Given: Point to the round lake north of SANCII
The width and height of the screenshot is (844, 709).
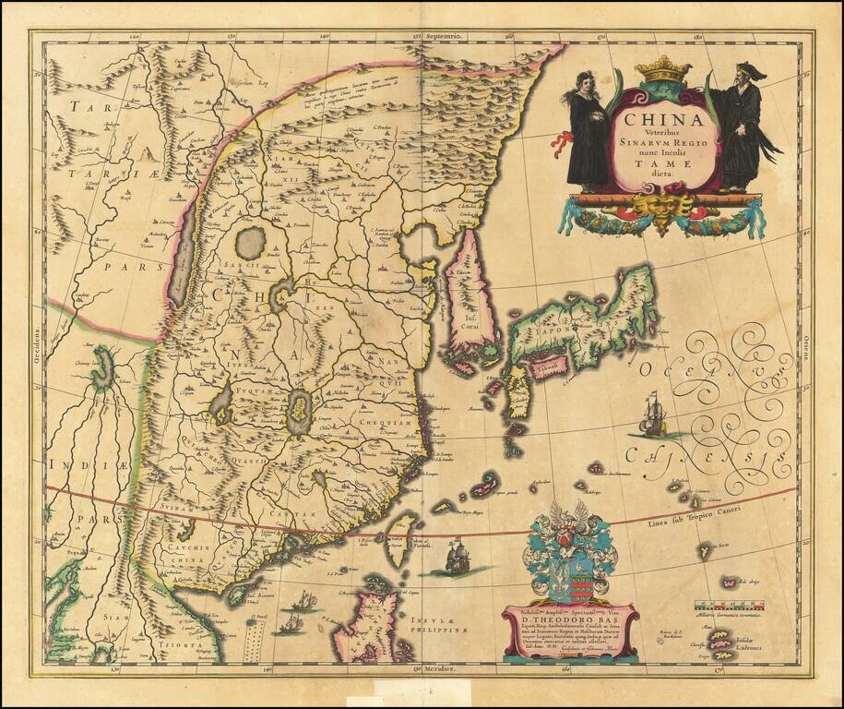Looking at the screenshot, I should tap(250, 243).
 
